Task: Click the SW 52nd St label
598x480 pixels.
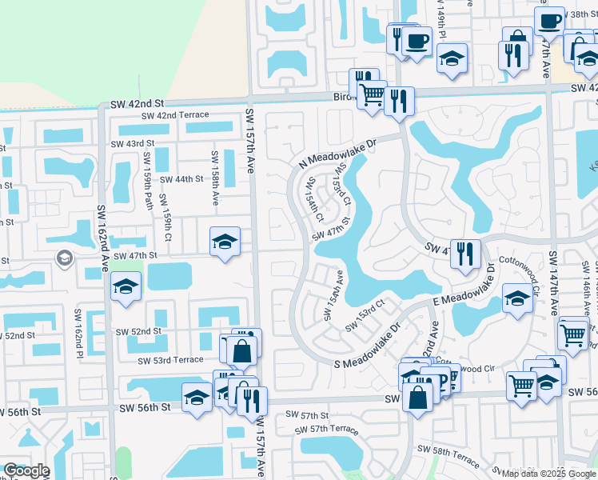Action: pos(138,331)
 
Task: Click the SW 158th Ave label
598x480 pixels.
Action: pos(214,179)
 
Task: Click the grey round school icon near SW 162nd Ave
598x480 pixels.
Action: pos(64,258)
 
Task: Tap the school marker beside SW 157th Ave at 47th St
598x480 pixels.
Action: pos(225,241)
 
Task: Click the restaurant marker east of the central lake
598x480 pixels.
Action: pos(464,254)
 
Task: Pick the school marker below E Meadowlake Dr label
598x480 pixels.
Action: pos(517,300)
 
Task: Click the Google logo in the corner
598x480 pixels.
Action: pos(26,470)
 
